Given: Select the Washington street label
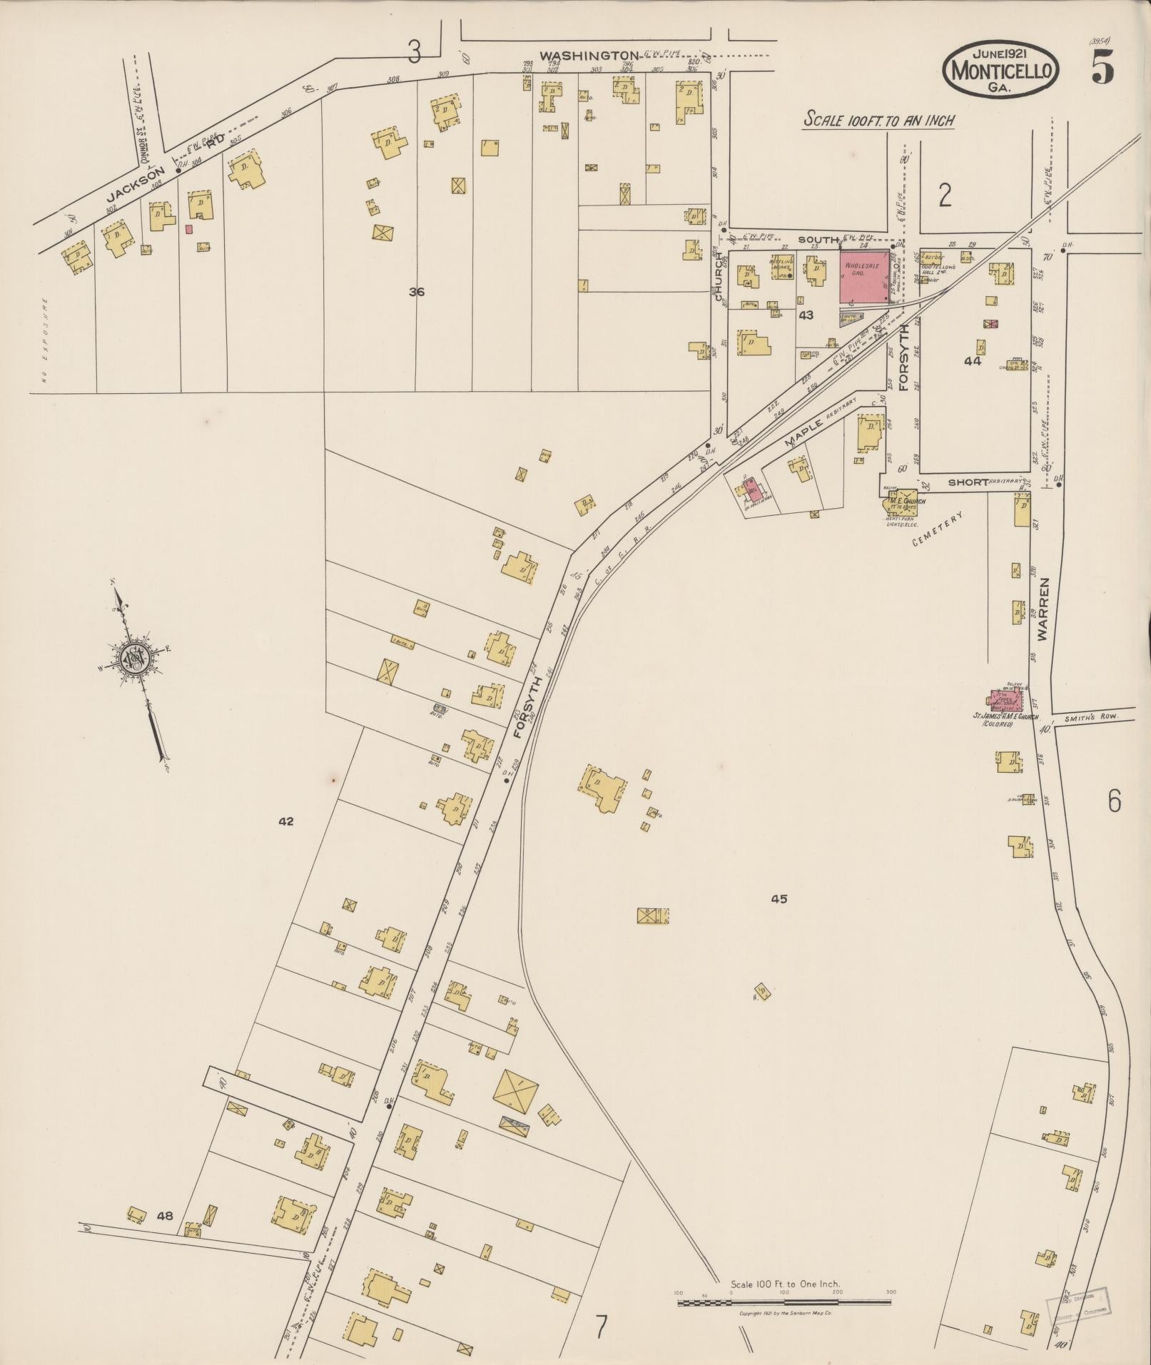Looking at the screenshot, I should [588, 55].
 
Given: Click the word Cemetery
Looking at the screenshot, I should [938, 529].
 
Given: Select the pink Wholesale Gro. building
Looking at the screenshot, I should [864, 275].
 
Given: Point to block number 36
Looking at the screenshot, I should [417, 291].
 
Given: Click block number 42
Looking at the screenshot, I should [285, 821].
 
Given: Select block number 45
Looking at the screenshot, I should [779, 899].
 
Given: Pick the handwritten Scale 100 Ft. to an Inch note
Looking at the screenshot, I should [878, 120].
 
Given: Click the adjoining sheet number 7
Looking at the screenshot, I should [602, 1328].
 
